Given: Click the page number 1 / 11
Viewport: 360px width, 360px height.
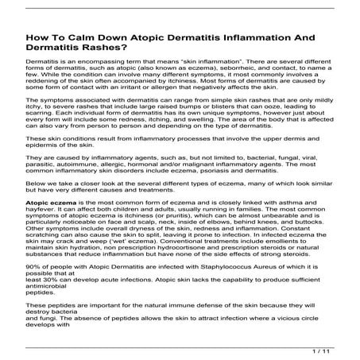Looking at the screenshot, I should pos(319,350).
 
